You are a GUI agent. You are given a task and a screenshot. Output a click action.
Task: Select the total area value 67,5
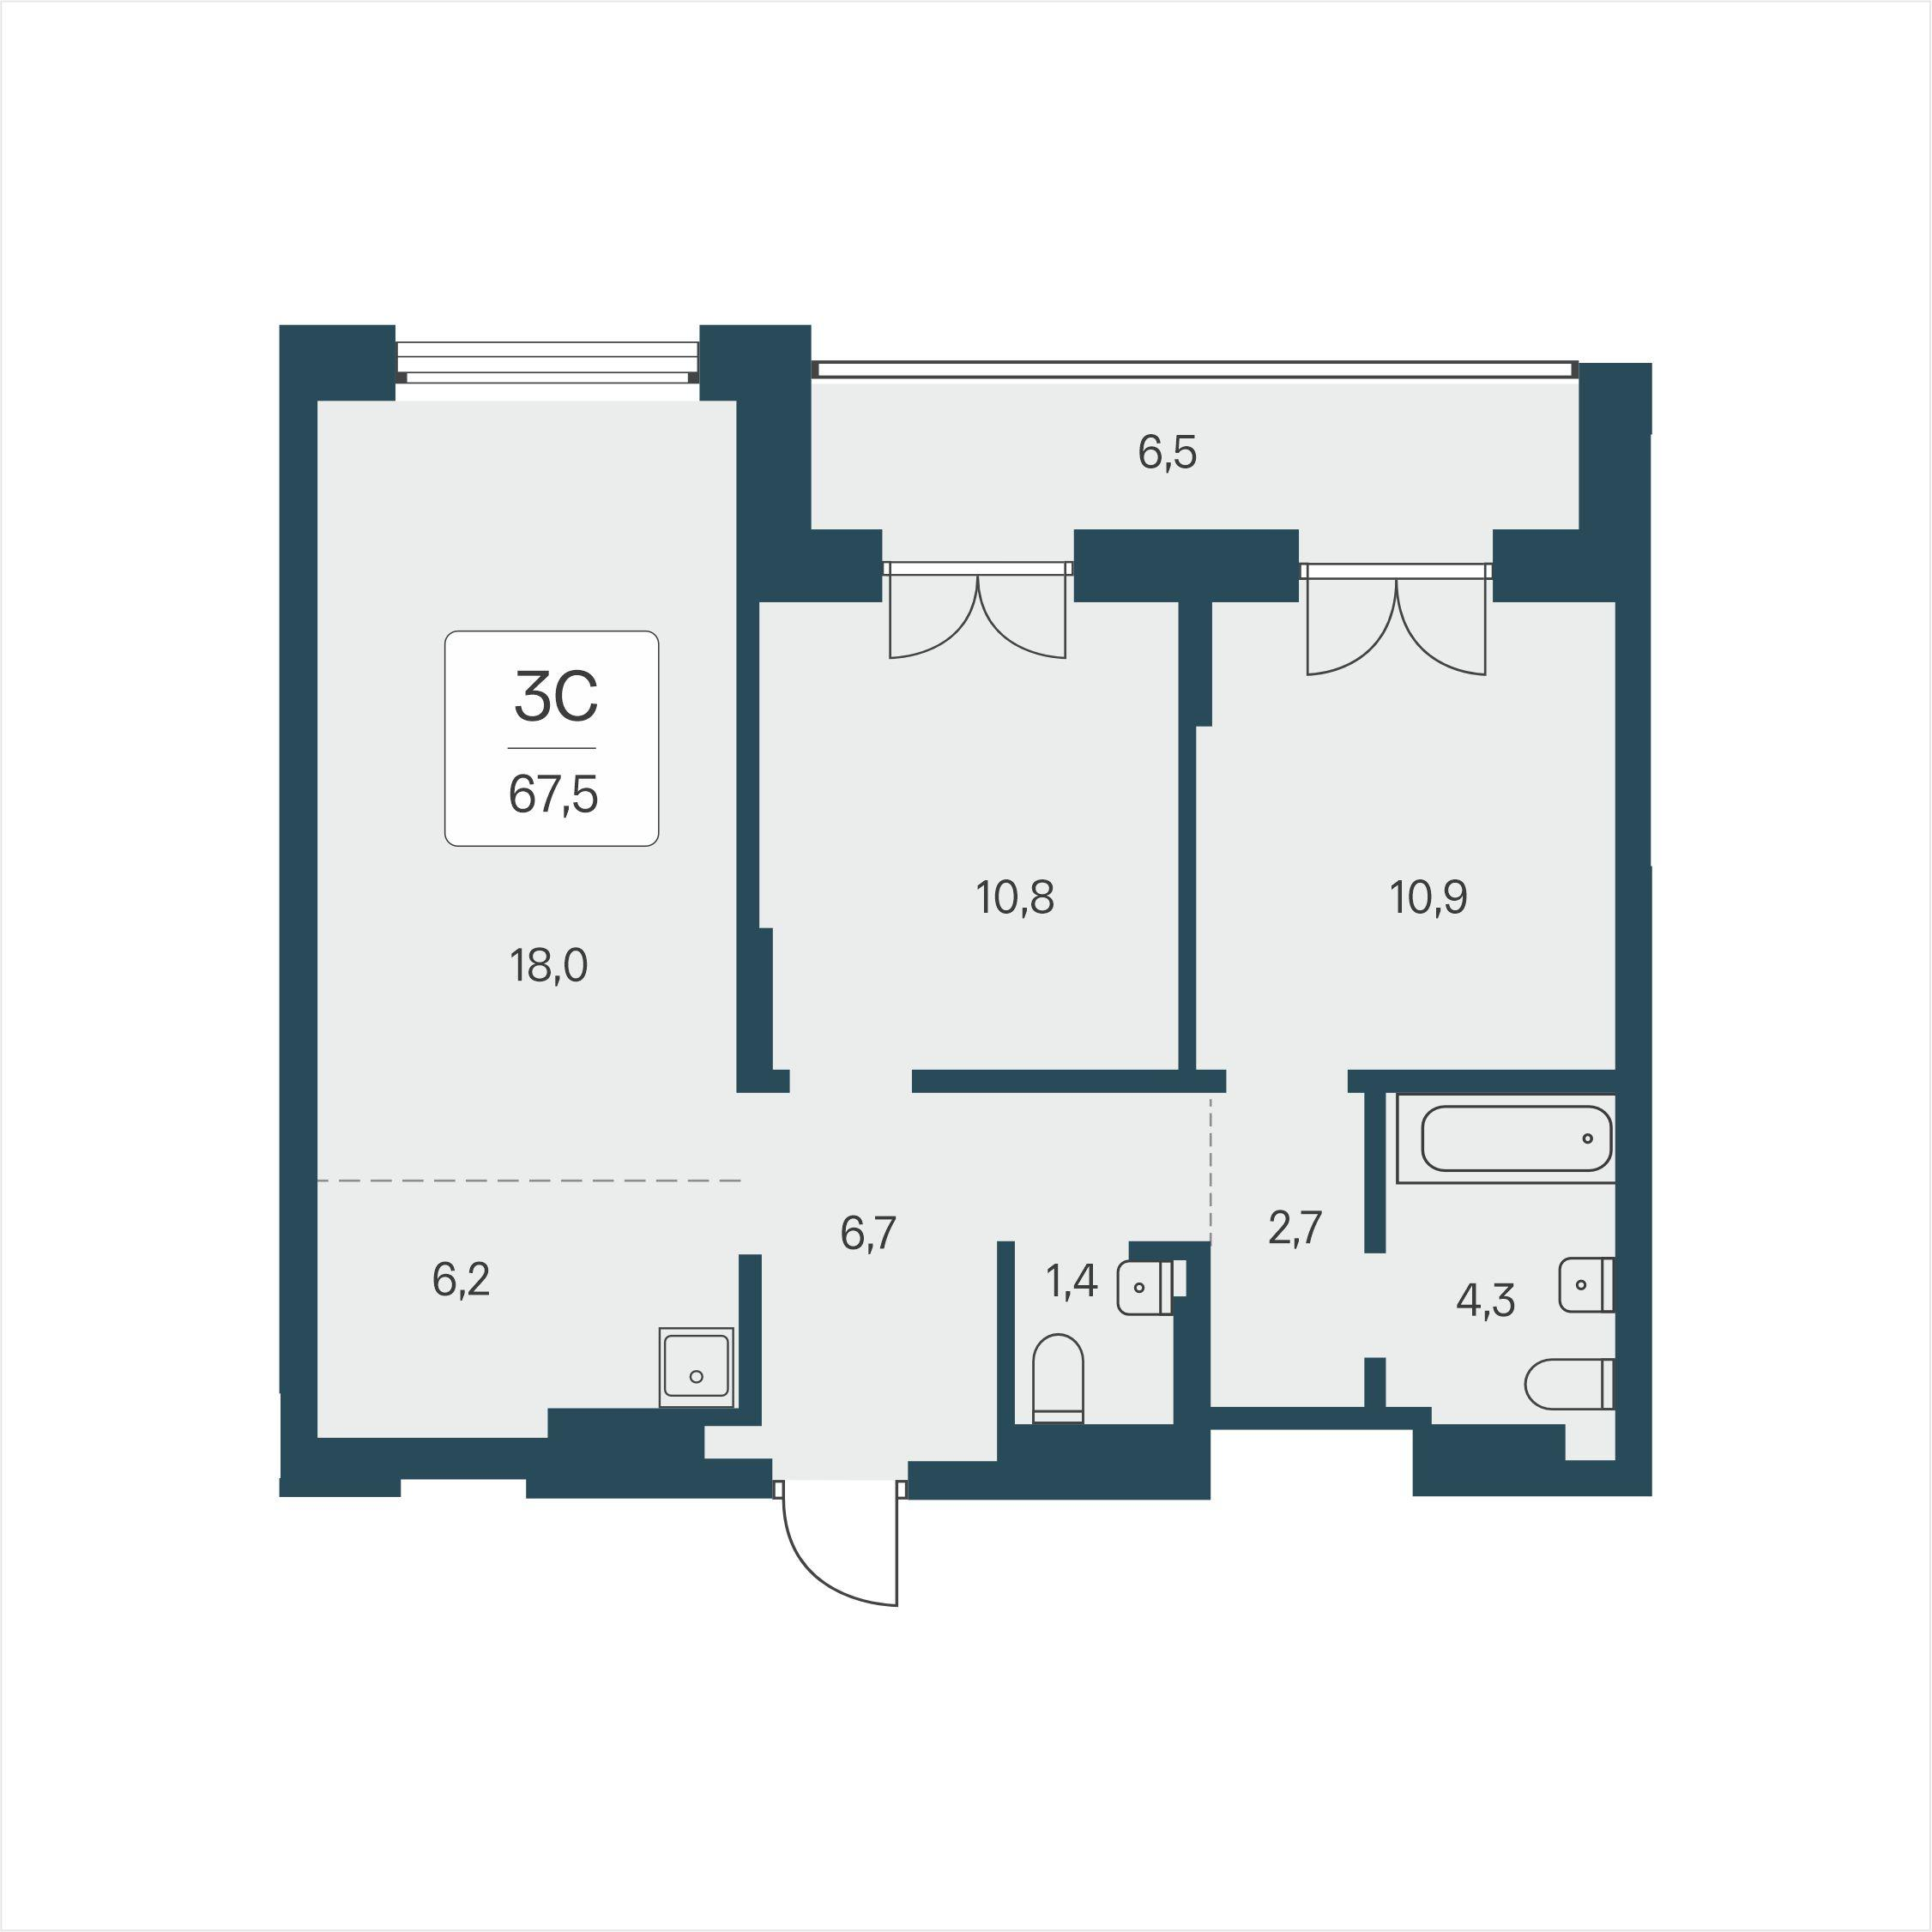click(553, 796)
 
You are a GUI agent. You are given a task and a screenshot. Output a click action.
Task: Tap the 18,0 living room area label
click(549, 967)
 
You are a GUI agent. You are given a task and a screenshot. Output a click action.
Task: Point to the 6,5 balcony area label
click(1167, 453)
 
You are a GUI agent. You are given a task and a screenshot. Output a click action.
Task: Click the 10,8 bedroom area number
click(1015, 898)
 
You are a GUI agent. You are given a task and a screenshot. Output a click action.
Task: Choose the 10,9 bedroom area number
click(1429, 898)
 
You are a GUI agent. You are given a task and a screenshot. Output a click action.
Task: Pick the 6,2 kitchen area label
click(461, 1279)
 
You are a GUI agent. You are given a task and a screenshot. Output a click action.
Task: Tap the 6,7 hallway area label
click(868, 1234)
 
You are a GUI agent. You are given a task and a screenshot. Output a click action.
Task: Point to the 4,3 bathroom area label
click(1486, 1301)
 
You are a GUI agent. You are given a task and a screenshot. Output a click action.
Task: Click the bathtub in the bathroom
click(1506, 1139)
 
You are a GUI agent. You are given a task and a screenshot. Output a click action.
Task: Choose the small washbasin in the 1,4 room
click(1146, 1288)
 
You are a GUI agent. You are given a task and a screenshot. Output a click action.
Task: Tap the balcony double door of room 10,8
click(978, 610)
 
